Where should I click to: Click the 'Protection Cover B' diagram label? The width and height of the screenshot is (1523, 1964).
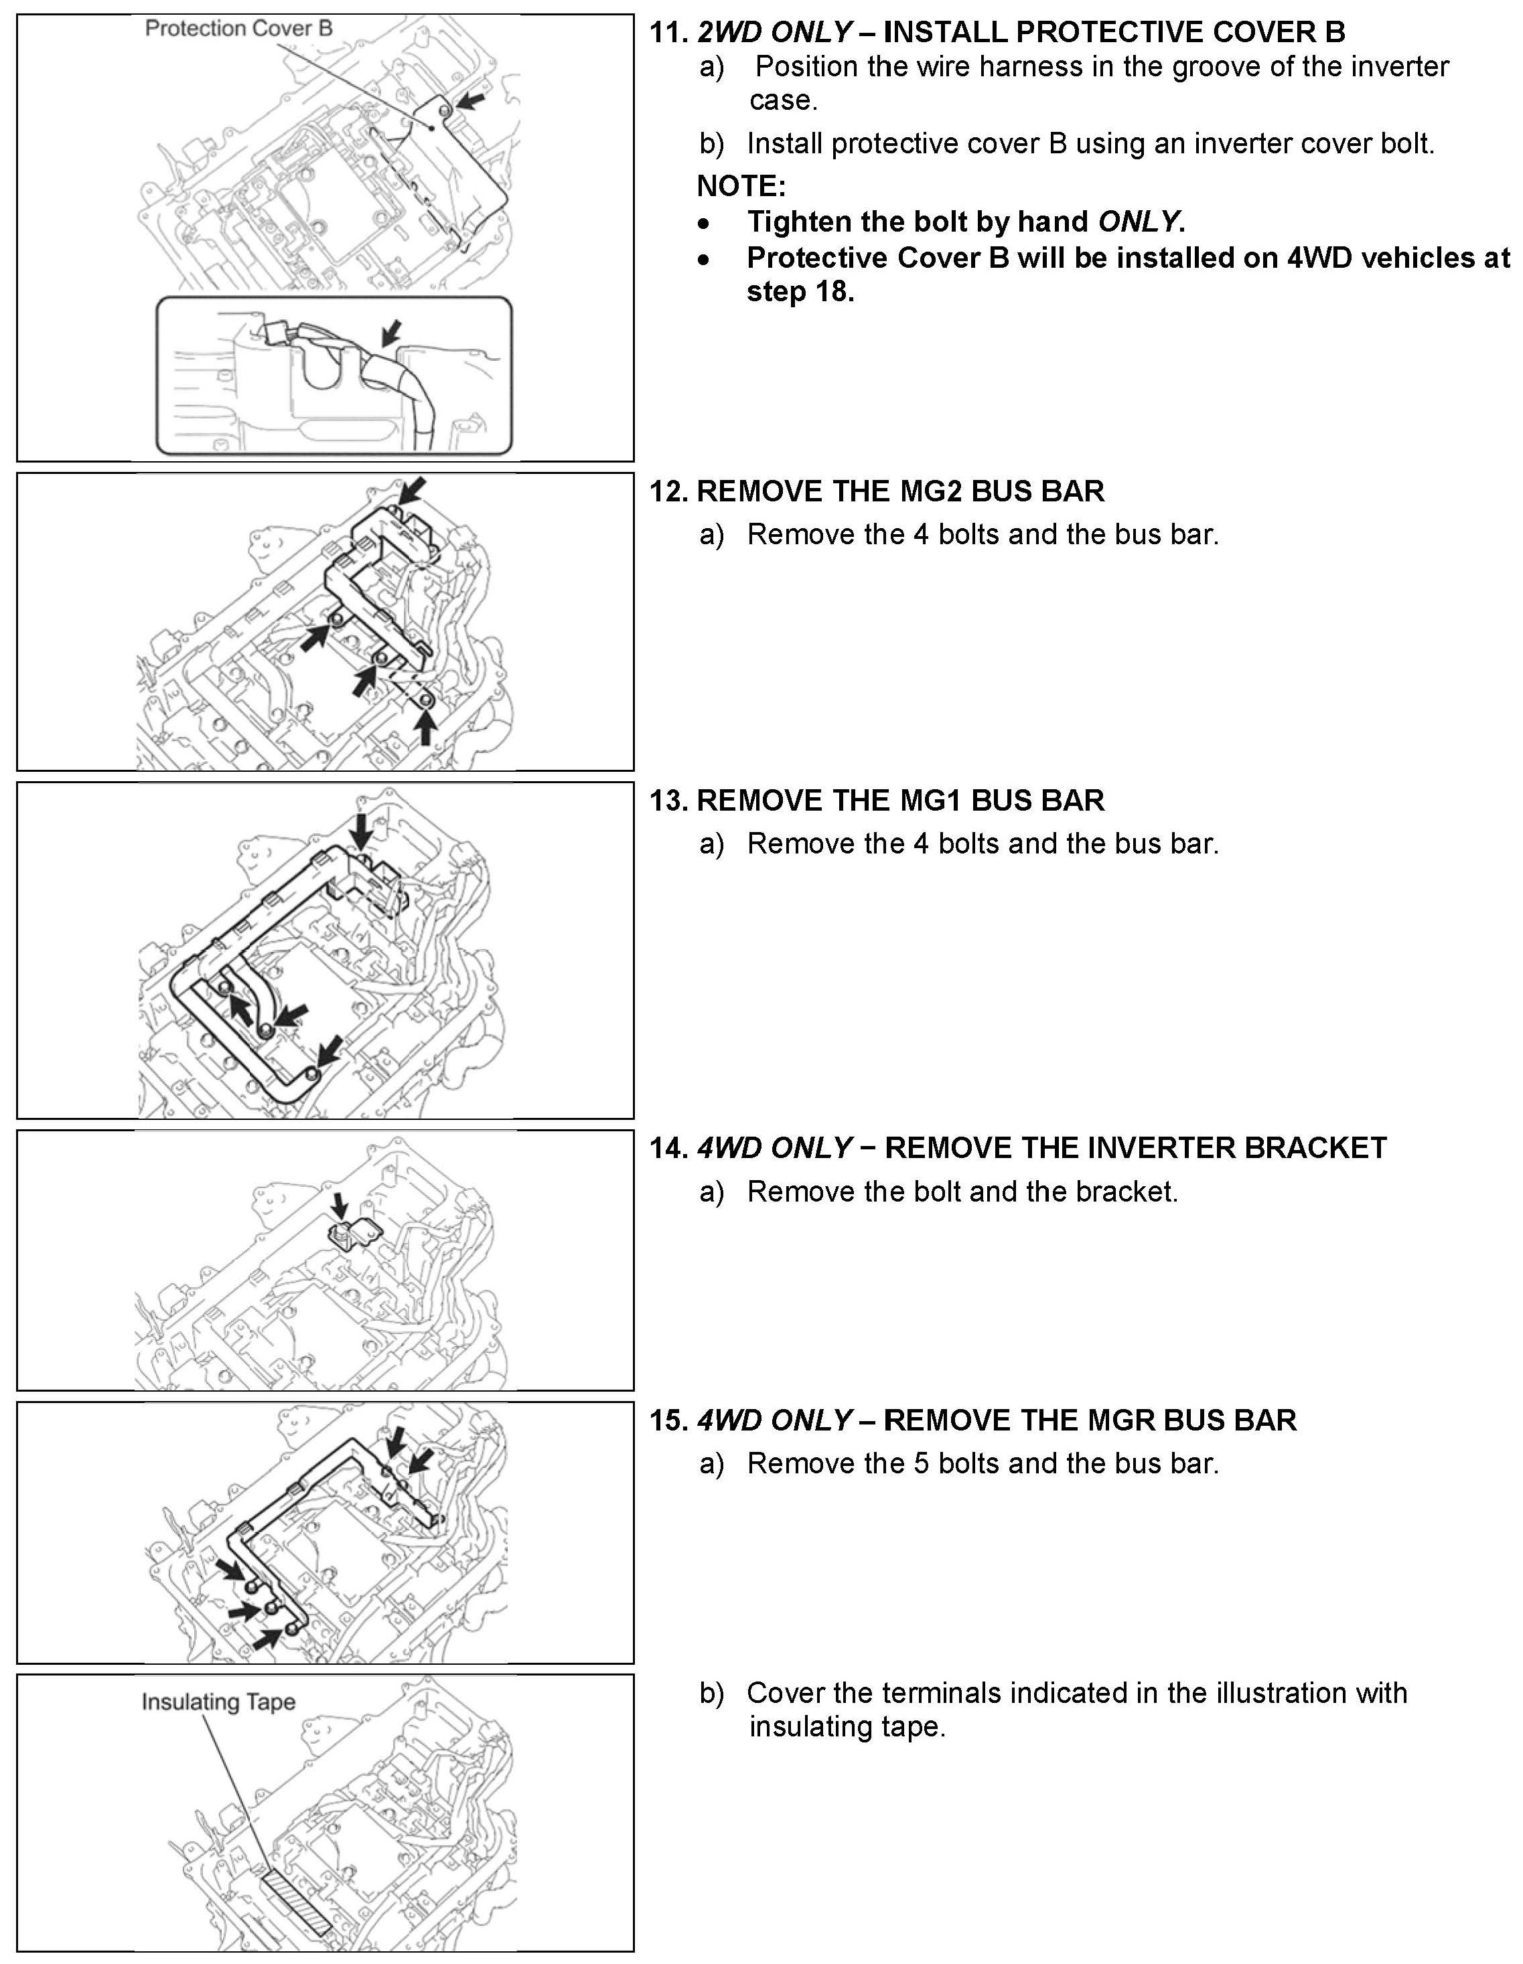coord(238,29)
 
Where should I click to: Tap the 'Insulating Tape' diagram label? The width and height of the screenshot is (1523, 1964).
coord(218,1702)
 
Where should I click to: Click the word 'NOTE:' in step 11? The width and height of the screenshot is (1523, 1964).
coord(741,186)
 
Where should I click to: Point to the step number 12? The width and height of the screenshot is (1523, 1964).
coord(668,491)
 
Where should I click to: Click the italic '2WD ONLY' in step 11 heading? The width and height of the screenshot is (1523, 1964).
coord(774,32)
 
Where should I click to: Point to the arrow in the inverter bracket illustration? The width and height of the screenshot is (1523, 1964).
coord(338,1208)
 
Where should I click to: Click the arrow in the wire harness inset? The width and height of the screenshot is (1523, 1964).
coord(390,333)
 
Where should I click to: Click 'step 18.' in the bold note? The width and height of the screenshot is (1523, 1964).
coord(800,293)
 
